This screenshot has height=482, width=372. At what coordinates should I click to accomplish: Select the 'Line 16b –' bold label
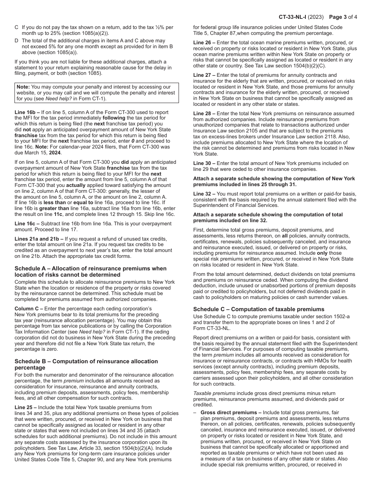point(27,112)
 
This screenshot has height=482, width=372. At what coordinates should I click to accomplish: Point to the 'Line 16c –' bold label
point(27,224)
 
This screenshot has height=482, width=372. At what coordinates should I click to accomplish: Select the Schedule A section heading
point(90,272)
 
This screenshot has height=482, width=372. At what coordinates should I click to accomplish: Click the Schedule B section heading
point(86,364)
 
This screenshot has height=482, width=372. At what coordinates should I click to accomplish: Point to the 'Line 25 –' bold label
point(26,408)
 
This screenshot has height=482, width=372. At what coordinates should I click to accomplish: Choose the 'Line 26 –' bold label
point(204,42)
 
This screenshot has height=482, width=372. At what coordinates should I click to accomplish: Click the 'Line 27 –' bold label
point(204,75)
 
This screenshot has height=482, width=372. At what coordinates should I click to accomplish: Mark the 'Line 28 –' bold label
point(204,114)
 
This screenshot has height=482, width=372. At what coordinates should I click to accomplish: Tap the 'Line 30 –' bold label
point(204,163)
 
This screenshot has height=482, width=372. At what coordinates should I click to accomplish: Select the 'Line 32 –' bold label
point(204,194)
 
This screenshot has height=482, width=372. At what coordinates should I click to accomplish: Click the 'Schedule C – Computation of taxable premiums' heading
point(259,309)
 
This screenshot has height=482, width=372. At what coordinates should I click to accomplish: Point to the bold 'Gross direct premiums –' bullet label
point(231,413)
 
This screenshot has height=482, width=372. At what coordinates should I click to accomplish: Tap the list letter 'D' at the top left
point(16,40)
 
